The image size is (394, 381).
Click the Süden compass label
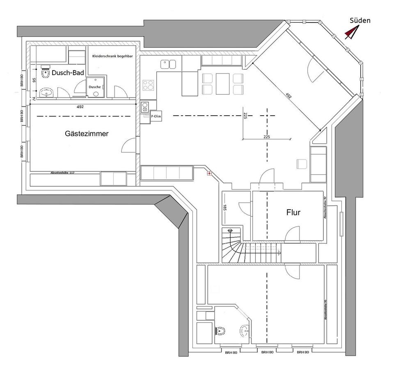[360, 20]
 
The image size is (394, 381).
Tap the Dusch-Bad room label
[68, 73]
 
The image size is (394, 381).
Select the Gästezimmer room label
[87, 134]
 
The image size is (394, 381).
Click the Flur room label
[293, 212]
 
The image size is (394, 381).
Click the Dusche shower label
[95, 87]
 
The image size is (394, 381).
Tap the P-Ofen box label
[156, 116]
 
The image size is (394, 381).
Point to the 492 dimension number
[80, 107]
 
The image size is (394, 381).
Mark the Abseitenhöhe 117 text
[62, 173]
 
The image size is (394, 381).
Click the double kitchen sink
[168, 64]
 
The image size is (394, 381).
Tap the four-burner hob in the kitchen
[148, 85]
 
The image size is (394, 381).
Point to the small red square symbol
[209, 173]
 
